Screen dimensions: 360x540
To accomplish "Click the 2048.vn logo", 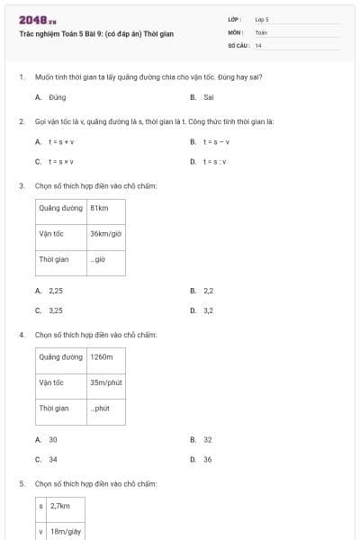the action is [38, 20].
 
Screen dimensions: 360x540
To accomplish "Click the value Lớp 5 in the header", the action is [262, 18].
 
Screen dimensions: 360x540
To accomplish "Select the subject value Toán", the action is [261, 31].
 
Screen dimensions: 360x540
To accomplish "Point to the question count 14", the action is [258, 45].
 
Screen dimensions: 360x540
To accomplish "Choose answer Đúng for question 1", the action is [57, 96].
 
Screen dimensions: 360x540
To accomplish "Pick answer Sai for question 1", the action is [208, 96].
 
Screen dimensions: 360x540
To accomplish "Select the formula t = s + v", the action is [61, 141].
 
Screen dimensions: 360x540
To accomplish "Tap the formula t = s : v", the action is [215, 161].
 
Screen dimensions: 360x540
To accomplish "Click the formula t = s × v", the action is [61, 161].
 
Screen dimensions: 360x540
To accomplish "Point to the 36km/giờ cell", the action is [105, 233].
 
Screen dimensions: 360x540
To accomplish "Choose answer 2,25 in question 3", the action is [56, 291].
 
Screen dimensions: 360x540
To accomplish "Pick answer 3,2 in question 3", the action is [208, 310].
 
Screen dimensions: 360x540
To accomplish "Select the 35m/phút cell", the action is [105, 382].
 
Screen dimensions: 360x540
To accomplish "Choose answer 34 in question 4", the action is [53, 459].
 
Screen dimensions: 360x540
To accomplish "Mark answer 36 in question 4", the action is [208, 459].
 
